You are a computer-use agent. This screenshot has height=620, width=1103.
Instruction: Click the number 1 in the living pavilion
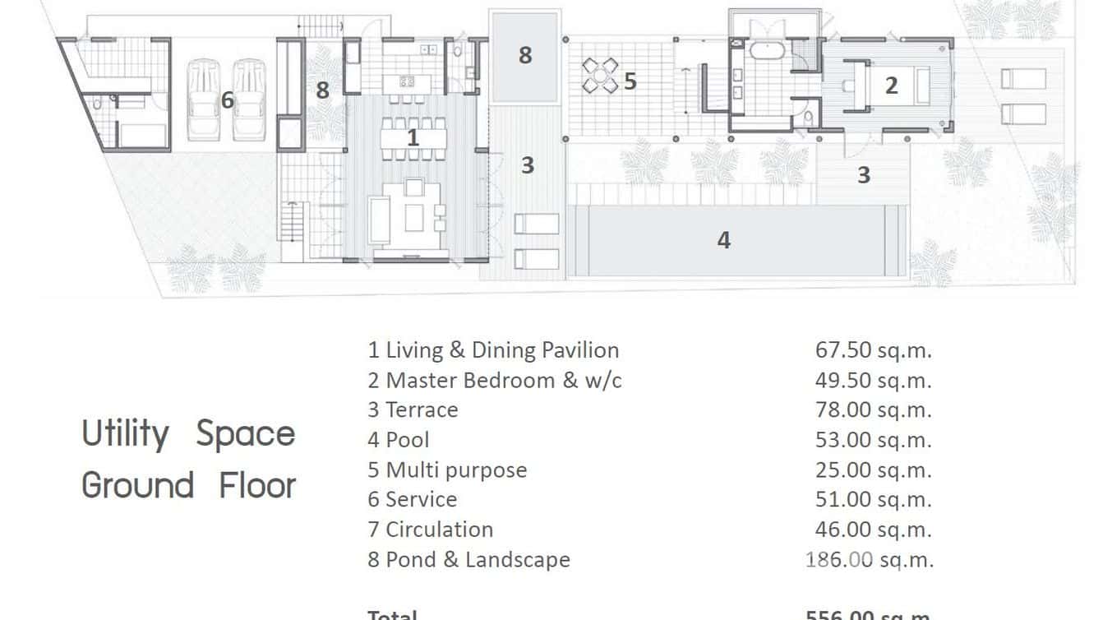(x=413, y=138)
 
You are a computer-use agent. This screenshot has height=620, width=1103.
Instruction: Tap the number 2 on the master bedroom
(x=891, y=84)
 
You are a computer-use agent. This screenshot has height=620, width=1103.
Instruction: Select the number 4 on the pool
(x=723, y=239)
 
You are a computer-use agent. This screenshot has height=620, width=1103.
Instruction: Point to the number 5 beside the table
(x=630, y=81)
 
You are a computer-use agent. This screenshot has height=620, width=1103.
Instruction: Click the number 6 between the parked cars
(x=228, y=100)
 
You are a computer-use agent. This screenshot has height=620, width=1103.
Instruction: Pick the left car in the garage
(x=204, y=99)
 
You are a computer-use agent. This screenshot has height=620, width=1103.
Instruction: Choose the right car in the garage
(x=248, y=99)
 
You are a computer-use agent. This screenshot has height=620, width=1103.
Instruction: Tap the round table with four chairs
(x=600, y=76)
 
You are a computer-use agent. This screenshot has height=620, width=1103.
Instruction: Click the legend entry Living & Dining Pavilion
(x=493, y=350)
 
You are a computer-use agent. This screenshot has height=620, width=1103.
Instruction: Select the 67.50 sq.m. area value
(x=873, y=350)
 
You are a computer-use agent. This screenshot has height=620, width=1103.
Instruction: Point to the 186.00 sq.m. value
(x=870, y=560)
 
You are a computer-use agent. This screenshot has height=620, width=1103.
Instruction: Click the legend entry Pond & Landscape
(x=468, y=560)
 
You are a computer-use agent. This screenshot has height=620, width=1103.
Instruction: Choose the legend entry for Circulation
(x=431, y=530)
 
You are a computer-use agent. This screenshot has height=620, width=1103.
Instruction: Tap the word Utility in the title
(x=126, y=433)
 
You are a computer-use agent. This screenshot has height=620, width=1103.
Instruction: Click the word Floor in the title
(x=257, y=485)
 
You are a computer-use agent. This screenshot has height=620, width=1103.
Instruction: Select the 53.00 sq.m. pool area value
(x=873, y=440)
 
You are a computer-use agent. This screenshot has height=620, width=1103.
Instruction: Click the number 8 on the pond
(x=525, y=55)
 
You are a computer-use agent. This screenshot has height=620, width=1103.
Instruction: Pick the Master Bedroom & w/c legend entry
(x=495, y=381)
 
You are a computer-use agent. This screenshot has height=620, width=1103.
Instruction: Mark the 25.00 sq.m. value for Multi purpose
(x=873, y=470)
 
